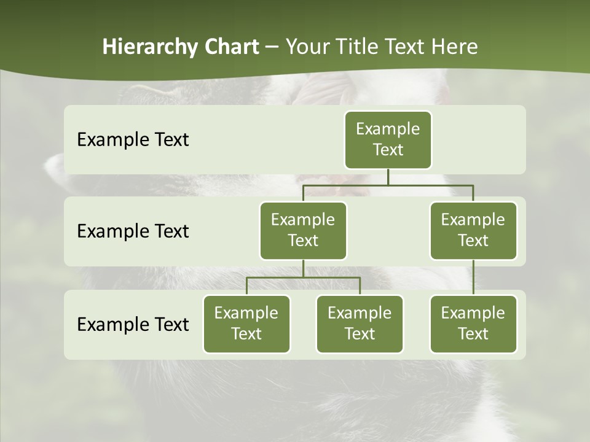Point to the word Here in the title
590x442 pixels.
click(454, 47)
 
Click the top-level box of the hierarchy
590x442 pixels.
click(388, 139)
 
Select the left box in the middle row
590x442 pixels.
click(303, 230)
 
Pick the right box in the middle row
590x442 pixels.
click(473, 230)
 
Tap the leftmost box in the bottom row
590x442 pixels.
click(246, 324)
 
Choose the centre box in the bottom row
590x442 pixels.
click(360, 324)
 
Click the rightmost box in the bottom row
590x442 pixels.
click(473, 324)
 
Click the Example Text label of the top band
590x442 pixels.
click(133, 140)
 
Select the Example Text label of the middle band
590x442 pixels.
click(133, 231)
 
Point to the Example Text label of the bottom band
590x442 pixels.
click(133, 324)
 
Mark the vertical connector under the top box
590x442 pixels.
click(388, 177)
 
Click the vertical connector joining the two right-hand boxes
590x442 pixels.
click(473, 277)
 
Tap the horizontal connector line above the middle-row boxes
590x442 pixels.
click(388, 184)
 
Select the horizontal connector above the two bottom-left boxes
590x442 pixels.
click(303, 277)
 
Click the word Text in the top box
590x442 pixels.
click(388, 150)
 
